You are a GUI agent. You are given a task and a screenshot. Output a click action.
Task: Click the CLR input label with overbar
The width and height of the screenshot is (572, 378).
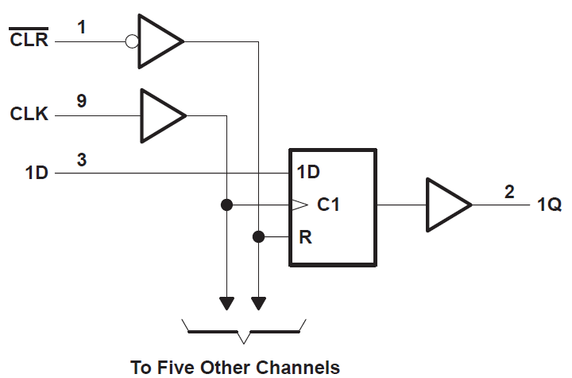pos(29,40)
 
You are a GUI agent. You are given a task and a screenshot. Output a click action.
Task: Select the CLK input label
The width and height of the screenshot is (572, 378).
pos(29,115)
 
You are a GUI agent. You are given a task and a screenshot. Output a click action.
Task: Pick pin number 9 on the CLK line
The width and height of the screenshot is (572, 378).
pos(82,101)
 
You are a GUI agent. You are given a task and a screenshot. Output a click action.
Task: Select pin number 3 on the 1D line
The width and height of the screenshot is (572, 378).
pos(82,159)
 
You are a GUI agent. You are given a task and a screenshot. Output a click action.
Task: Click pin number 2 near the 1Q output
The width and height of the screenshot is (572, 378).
pos(509,192)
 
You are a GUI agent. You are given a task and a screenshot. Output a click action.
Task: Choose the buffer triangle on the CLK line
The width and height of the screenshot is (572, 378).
pos(162,115)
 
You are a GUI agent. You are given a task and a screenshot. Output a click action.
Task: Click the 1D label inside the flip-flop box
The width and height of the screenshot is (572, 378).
pos(309,172)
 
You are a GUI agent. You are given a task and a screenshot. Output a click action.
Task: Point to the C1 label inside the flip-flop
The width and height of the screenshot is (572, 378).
pos(329,205)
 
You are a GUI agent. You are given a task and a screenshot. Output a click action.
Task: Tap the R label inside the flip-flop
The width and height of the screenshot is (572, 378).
pos(305,236)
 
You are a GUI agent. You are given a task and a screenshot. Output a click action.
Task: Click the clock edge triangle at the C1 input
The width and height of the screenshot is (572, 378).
pos(298,205)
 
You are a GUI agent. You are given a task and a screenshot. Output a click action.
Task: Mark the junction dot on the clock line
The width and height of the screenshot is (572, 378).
pos(226,205)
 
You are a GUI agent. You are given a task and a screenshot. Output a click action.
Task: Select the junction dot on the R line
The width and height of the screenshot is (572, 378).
pos(258,236)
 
